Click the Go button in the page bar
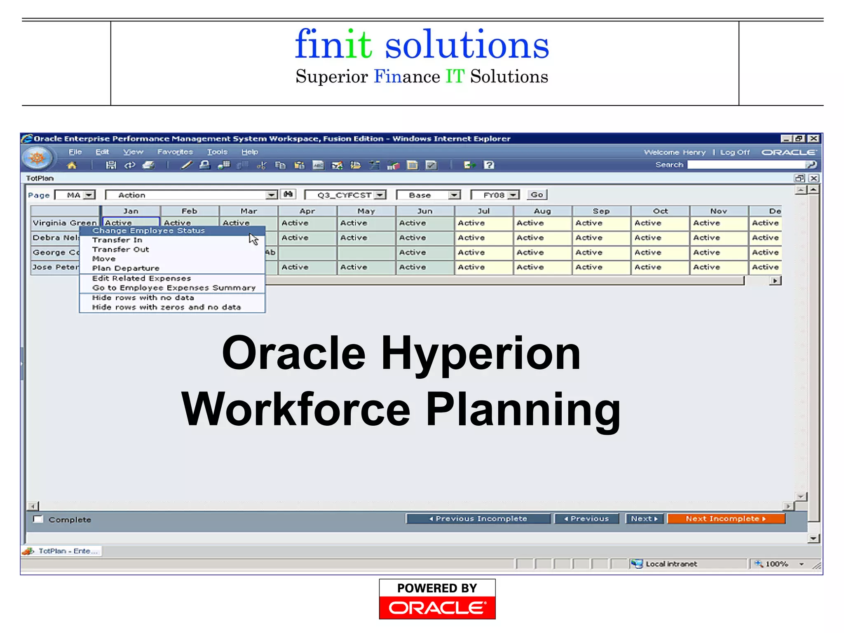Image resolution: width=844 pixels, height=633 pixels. [537, 195]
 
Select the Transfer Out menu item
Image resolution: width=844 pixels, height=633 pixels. [120, 249]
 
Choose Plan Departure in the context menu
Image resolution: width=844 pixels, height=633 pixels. [126, 268]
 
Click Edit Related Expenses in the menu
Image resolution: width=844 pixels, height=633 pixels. [141, 279]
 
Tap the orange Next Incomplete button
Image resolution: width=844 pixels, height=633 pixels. [726, 519]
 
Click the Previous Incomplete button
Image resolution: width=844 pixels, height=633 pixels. [478, 519]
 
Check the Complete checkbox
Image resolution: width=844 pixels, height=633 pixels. [38, 519]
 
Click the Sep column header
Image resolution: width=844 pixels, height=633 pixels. [601, 211]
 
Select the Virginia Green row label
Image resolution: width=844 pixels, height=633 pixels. [64, 223]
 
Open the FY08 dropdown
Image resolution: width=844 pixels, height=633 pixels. [513, 195]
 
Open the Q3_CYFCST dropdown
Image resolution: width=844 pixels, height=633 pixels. [380, 195]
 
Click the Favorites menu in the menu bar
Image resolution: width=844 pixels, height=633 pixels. [175, 152]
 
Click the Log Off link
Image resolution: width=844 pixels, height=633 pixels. [734, 152]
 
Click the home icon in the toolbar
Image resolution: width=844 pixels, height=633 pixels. [72, 166]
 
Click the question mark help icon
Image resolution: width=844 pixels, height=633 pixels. [489, 165]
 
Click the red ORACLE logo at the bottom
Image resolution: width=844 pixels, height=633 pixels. [437, 608]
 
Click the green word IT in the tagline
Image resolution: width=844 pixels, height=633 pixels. [455, 77]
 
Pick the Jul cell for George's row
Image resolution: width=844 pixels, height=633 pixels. [483, 253]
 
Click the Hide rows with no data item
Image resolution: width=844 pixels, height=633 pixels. [143, 298]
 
